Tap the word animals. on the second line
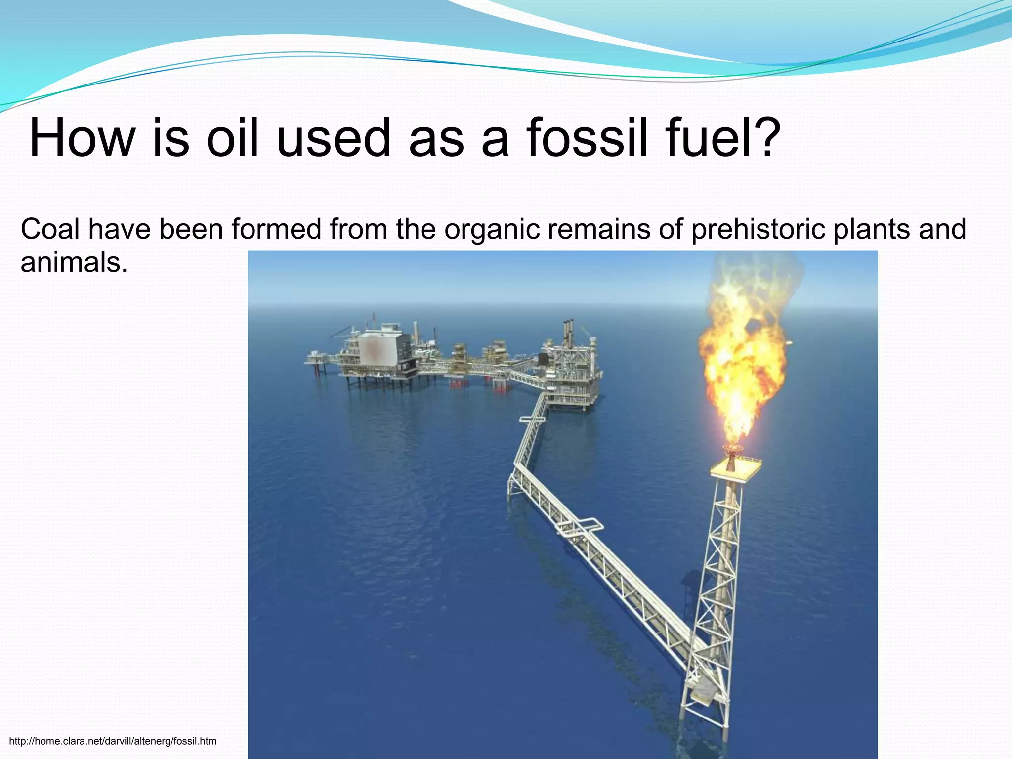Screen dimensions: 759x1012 74,262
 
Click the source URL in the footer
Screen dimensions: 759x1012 113,741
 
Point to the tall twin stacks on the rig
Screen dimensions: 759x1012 569,334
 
